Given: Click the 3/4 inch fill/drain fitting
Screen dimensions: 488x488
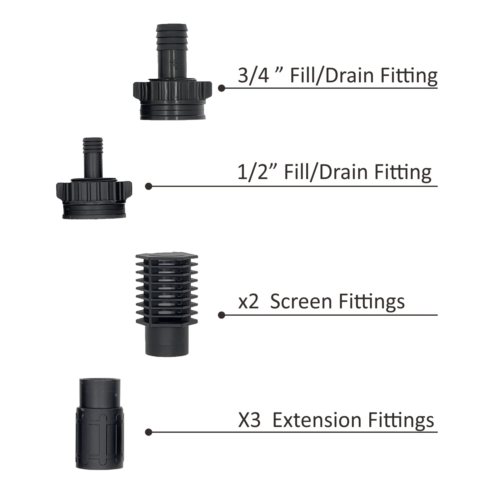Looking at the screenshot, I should (x=172, y=91).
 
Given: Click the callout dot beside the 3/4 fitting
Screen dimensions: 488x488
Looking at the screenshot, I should (x=222, y=88).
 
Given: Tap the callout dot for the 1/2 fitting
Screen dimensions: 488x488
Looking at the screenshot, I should (x=149, y=186).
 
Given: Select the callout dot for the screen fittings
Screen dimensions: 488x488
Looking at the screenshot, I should (x=222, y=315).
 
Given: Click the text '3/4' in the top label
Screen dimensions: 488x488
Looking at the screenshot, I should (x=253, y=75).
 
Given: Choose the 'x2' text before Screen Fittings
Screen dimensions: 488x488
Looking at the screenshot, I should (x=248, y=302).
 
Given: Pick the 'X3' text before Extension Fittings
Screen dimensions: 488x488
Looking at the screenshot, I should (x=249, y=420).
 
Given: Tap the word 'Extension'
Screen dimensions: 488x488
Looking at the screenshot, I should (x=318, y=420).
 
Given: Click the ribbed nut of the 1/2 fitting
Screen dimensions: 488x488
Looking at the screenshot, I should (x=94, y=191).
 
